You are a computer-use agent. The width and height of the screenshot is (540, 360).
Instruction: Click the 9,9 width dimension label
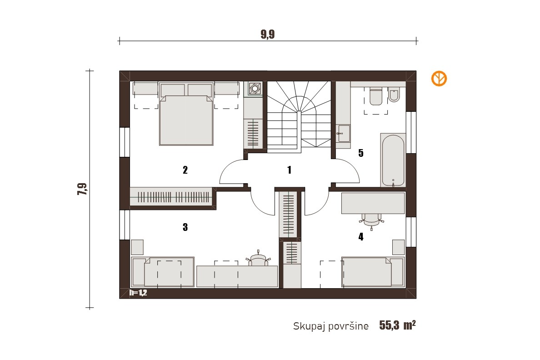click(268, 35)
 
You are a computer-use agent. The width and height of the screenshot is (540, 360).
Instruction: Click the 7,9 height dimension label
click(82, 189)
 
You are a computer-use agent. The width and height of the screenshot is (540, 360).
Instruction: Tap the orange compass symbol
click(439, 79)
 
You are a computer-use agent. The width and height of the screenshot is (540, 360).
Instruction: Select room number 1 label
click(289, 170)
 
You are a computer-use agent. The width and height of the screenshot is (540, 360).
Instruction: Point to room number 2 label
click(185, 170)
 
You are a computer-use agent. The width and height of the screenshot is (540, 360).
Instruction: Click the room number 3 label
click(185, 227)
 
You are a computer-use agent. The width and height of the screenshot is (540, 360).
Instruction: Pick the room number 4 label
click(360, 236)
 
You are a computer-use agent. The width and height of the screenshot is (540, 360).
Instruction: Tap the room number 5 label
click(360, 153)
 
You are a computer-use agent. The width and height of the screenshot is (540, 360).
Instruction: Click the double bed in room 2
click(186, 114)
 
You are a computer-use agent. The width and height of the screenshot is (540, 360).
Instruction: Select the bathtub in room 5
click(393, 160)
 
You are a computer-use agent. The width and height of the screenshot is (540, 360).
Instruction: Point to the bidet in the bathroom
click(394, 95)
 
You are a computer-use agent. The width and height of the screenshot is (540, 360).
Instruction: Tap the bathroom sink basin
click(343, 133)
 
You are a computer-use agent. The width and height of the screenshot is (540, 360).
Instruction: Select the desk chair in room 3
click(258, 259)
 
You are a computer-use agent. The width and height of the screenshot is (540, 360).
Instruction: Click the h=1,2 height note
click(138, 293)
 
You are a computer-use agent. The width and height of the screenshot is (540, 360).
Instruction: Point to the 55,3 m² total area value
click(397, 325)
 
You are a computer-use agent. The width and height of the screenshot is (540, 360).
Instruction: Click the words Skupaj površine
click(330, 326)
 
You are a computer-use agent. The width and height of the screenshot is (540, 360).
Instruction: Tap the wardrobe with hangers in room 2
click(171, 197)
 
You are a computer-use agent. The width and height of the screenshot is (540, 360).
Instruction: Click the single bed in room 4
click(373, 272)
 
